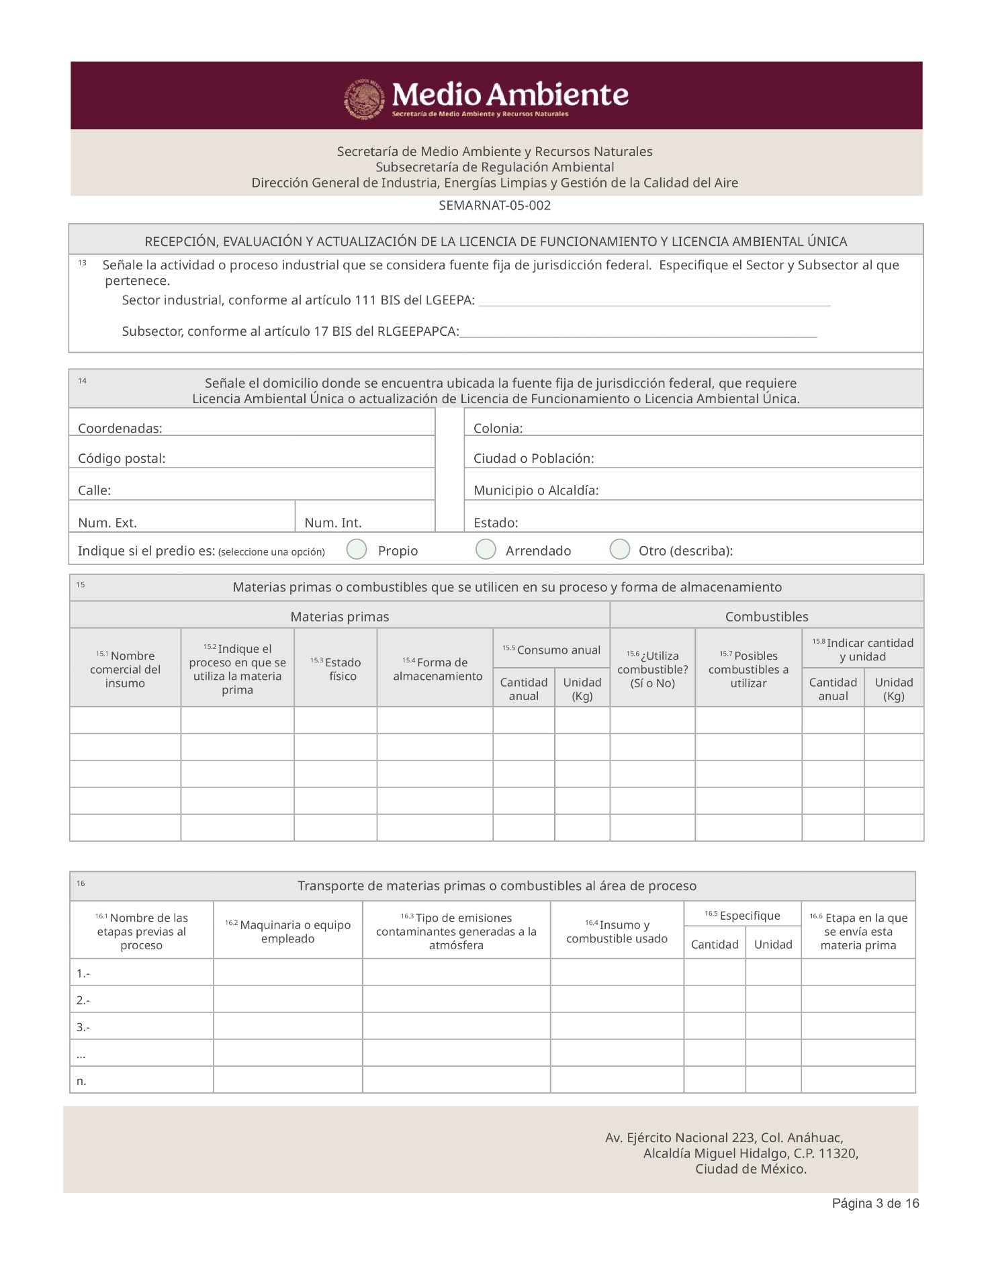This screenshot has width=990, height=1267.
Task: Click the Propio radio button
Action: pos(357,549)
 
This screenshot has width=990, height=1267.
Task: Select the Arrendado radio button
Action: pos(486,549)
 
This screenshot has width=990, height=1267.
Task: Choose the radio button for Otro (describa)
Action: pos(619,549)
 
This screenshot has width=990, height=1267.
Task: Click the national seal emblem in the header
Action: pos(365,99)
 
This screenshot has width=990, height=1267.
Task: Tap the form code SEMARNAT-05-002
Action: pos(494,206)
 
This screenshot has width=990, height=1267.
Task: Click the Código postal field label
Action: pos(122,458)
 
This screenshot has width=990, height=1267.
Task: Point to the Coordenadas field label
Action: pos(120,428)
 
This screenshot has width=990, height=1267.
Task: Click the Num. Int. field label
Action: pos(332,523)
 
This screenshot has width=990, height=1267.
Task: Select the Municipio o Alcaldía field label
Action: pos(536,490)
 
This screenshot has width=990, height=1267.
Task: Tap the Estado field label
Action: pos(496,523)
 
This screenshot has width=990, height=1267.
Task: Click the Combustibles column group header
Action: pos(766,616)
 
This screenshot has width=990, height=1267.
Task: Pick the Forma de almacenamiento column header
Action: pos(437,669)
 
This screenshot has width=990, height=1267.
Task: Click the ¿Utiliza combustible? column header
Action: pos(652,669)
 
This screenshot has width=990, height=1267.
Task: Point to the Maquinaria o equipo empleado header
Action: pos(288,931)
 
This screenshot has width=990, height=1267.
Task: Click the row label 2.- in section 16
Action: pos(83,1000)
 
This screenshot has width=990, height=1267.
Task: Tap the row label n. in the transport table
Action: pos(81,1080)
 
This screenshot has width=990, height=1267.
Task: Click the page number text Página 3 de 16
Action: pos(875,1203)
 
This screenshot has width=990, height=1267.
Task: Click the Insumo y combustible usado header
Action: pos(617,931)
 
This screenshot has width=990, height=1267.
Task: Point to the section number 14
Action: pos(82,381)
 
